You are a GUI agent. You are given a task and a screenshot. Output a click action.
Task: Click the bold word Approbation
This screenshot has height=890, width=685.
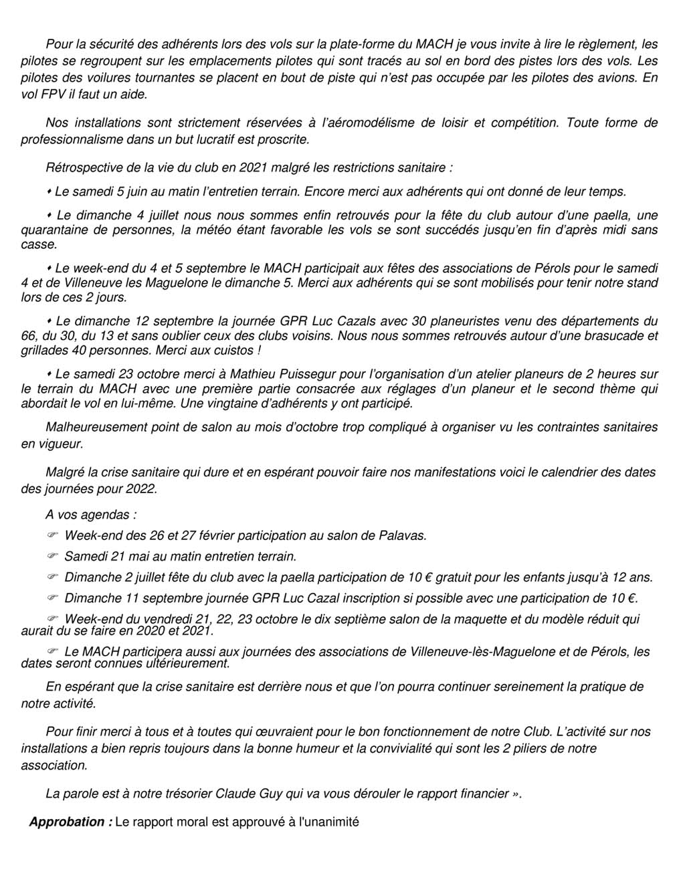pos(67,822)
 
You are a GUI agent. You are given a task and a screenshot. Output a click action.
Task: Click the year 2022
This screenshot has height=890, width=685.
pos(142,488)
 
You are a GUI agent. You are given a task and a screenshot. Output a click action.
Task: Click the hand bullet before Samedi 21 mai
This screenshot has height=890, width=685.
pos(54,556)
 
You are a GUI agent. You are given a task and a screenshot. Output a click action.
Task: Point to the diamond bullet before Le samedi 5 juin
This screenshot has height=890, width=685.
pos(50,192)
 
